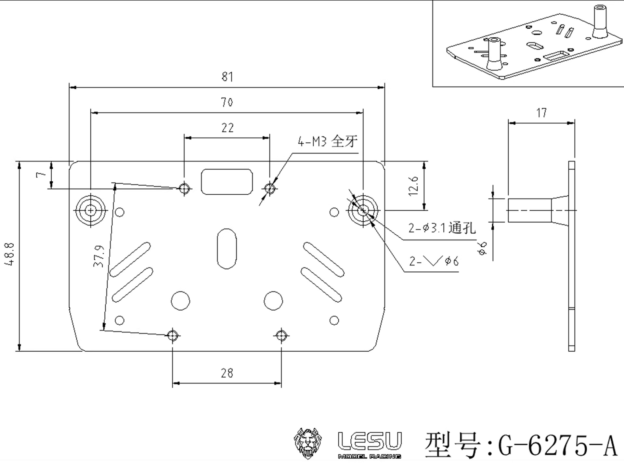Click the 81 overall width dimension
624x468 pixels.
(227, 77)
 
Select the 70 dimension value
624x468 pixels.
(227, 102)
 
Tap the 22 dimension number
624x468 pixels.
(227, 128)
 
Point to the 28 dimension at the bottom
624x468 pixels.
(227, 373)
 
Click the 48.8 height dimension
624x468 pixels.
(9, 254)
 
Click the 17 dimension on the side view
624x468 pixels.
(541, 113)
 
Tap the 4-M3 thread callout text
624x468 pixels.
(327, 142)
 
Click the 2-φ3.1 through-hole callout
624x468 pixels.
(442, 228)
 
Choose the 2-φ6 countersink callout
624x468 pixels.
(434, 261)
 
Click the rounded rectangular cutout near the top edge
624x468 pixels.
(227, 182)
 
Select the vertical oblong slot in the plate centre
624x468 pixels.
(227, 249)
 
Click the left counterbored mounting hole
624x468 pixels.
(91, 211)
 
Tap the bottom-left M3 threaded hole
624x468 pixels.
(173, 335)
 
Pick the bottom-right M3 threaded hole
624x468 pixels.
(281, 335)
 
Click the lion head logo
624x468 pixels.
(307, 443)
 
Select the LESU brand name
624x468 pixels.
(370, 442)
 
